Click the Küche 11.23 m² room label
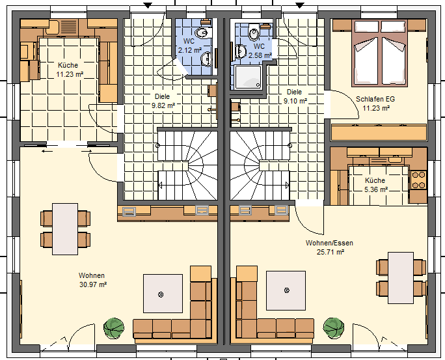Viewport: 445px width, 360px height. pos(70,70)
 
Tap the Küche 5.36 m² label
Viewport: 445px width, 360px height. pos(375,185)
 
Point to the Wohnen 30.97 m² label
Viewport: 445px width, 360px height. pos(92,280)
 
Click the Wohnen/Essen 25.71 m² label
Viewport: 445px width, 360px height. pos(329,247)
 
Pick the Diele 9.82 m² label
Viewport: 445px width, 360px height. pos(163,101)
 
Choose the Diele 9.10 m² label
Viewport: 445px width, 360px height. pos(295,96)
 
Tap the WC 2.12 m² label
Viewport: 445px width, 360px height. pos(189,46)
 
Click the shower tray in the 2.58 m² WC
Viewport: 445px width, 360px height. pos(248,76)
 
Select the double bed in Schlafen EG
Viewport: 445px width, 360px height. pos(379,53)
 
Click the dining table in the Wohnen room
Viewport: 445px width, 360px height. pos(65,229)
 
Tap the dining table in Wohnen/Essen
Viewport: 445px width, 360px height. pos(401,278)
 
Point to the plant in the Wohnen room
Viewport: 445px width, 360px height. pos(114,328)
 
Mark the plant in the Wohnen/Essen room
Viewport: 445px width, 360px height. pos(334,328)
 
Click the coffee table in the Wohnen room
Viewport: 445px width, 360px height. pos(163,294)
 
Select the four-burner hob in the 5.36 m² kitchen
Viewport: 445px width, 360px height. pos(418,180)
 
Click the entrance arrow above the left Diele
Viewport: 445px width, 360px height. pos(148,5)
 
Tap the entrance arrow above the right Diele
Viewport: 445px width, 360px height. pos(300,5)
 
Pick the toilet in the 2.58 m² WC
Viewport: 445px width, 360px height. pos(254,33)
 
